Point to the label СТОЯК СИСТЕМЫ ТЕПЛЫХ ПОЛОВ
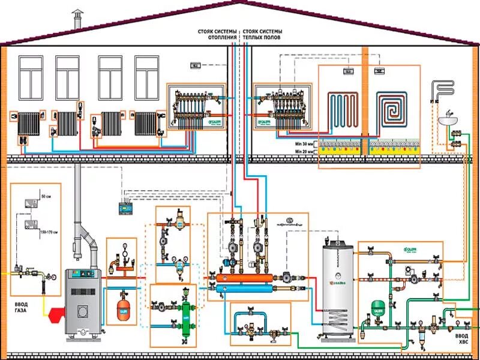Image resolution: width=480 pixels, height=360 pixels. (263, 34)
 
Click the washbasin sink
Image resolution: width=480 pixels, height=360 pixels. (446, 120)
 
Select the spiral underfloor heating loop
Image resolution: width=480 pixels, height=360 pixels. (394, 111)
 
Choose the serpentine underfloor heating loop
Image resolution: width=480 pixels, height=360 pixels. (342, 111)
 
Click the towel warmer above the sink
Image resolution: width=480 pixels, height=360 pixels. (445, 90)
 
